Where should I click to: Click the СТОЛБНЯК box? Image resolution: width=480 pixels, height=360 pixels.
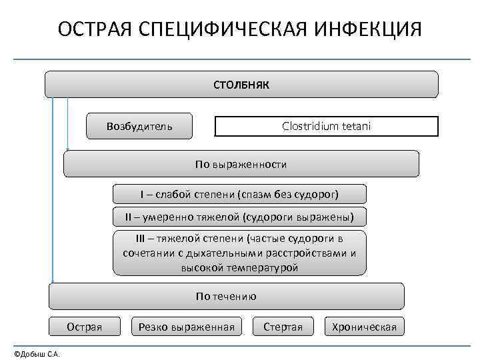pyautogui.click(x=241, y=85)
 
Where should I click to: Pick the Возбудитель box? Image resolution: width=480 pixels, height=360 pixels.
pyautogui.click(x=139, y=126)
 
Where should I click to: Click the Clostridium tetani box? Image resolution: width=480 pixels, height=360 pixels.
pyautogui.click(x=326, y=126)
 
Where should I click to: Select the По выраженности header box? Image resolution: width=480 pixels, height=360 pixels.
pyautogui.click(x=241, y=163)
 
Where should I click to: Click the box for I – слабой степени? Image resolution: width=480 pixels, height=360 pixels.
pyautogui.click(x=239, y=194)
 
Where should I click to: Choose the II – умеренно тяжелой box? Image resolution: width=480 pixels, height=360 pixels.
pyautogui.click(x=239, y=217)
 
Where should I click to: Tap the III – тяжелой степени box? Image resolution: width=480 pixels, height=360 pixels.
pyautogui.click(x=239, y=253)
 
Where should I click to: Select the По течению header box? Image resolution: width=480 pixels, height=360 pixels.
pyautogui.click(x=227, y=296)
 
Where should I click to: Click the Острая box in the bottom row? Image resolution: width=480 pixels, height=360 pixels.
pyautogui.click(x=85, y=326)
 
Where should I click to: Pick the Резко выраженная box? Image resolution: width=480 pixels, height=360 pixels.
pyautogui.click(x=187, y=326)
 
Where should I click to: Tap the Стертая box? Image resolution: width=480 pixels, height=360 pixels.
pyautogui.click(x=283, y=326)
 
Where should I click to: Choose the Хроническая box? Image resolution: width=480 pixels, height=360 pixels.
pyautogui.click(x=364, y=326)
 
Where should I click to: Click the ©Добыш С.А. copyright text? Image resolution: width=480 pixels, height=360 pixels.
pyautogui.click(x=37, y=353)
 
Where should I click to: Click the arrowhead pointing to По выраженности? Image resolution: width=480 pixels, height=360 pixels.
pyautogui.click(x=67, y=149)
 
